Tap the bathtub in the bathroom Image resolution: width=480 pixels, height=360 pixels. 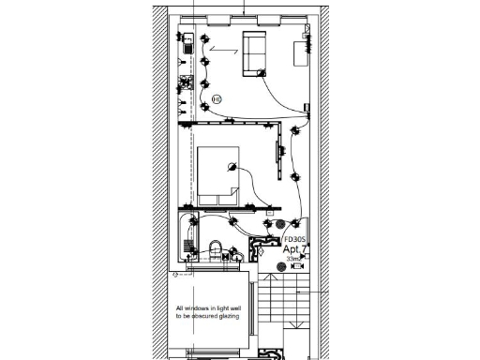pos(186,237)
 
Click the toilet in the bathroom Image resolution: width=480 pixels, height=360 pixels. pos(217,251)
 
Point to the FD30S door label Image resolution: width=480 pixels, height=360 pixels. pos(295,239)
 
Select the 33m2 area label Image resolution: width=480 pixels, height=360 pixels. pos(295,259)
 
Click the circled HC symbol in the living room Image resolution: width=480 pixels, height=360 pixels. pos(217,97)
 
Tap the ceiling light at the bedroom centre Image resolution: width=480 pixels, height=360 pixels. pos(229,169)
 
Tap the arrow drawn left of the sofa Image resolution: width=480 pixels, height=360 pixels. pos(224,48)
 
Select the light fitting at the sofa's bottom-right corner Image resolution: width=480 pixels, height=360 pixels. pos(262,73)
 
